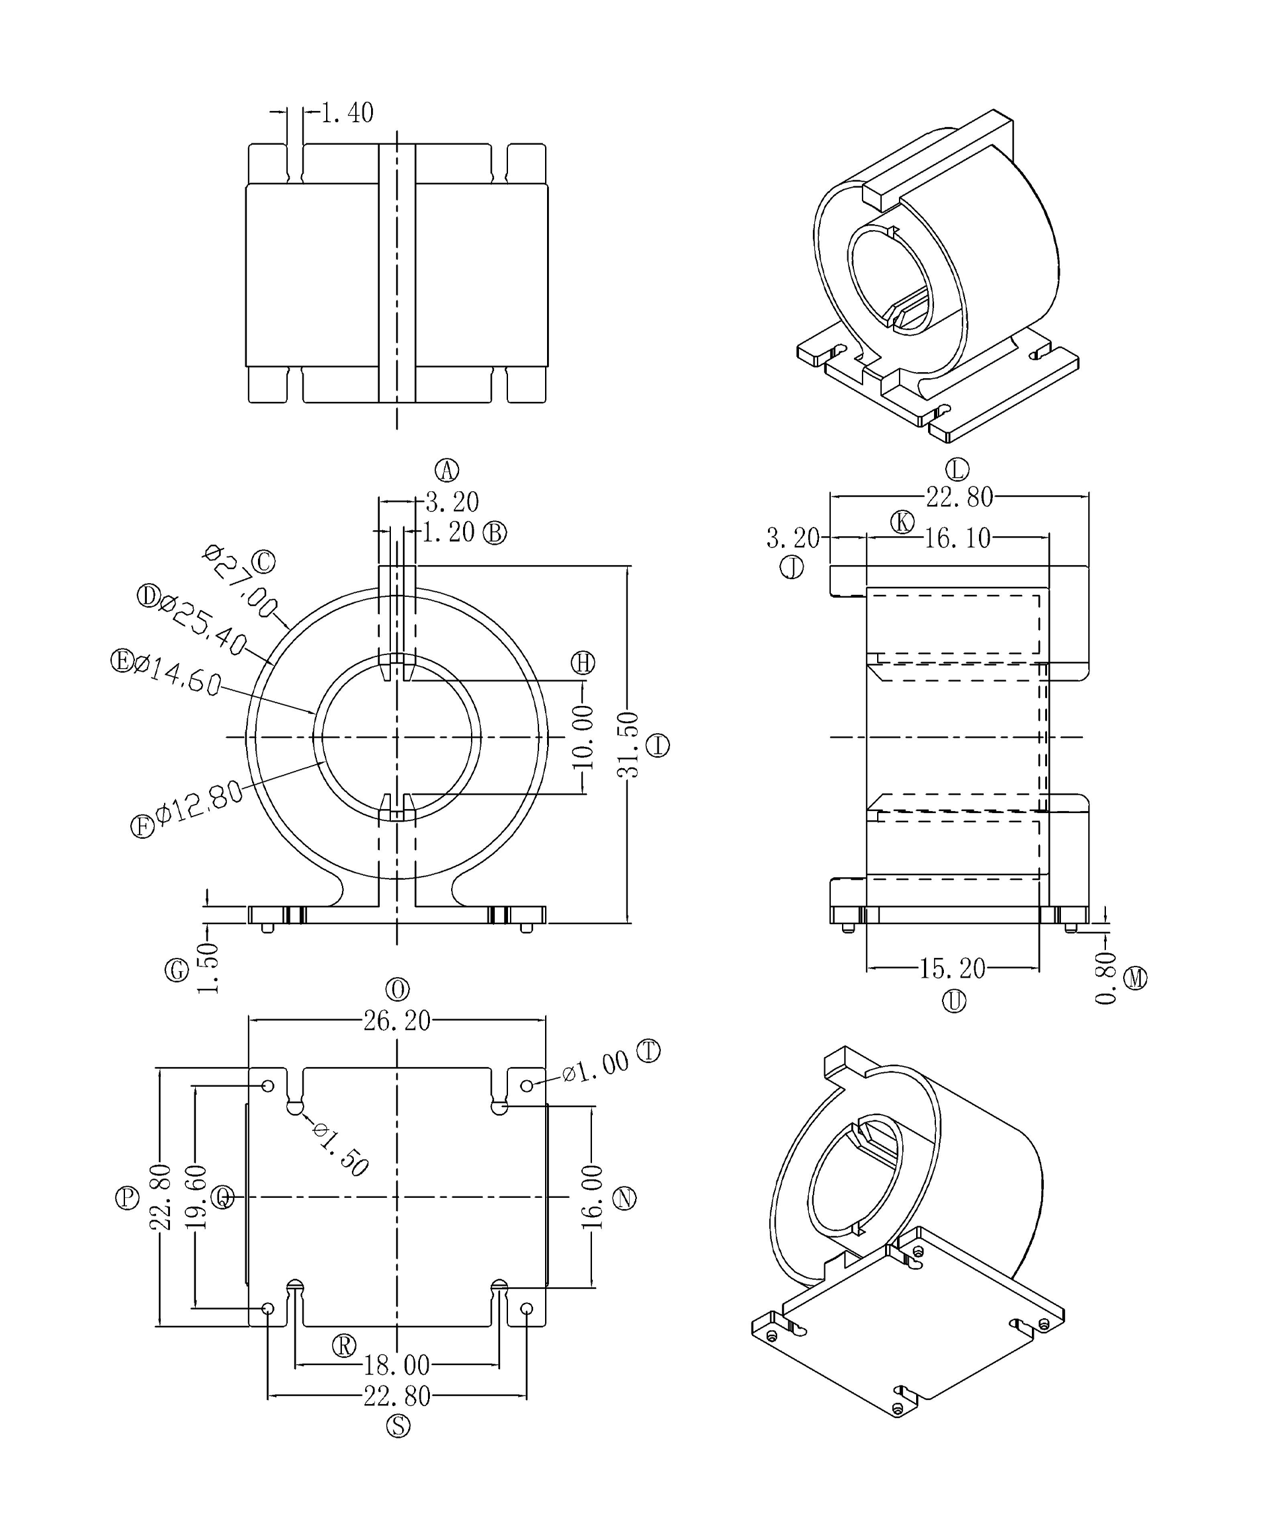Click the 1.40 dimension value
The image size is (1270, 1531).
(x=347, y=113)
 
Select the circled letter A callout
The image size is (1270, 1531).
(x=446, y=470)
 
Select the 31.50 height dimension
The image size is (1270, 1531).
(x=629, y=744)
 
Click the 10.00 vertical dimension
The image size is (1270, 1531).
(x=583, y=737)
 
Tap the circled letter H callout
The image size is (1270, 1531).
(x=583, y=662)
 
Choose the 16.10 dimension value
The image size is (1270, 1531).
(x=957, y=539)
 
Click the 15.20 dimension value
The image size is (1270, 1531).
(x=952, y=968)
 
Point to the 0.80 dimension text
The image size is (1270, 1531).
(x=1106, y=978)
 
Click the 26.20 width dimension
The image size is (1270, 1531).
(x=397, y=1021)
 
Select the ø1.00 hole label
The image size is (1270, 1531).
(x=595, y=1066)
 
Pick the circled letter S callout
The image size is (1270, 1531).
(x=398, y=1425)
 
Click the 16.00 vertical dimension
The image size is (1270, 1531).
(x=592, y=1197)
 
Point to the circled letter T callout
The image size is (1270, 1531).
(x=648, y=1050)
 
